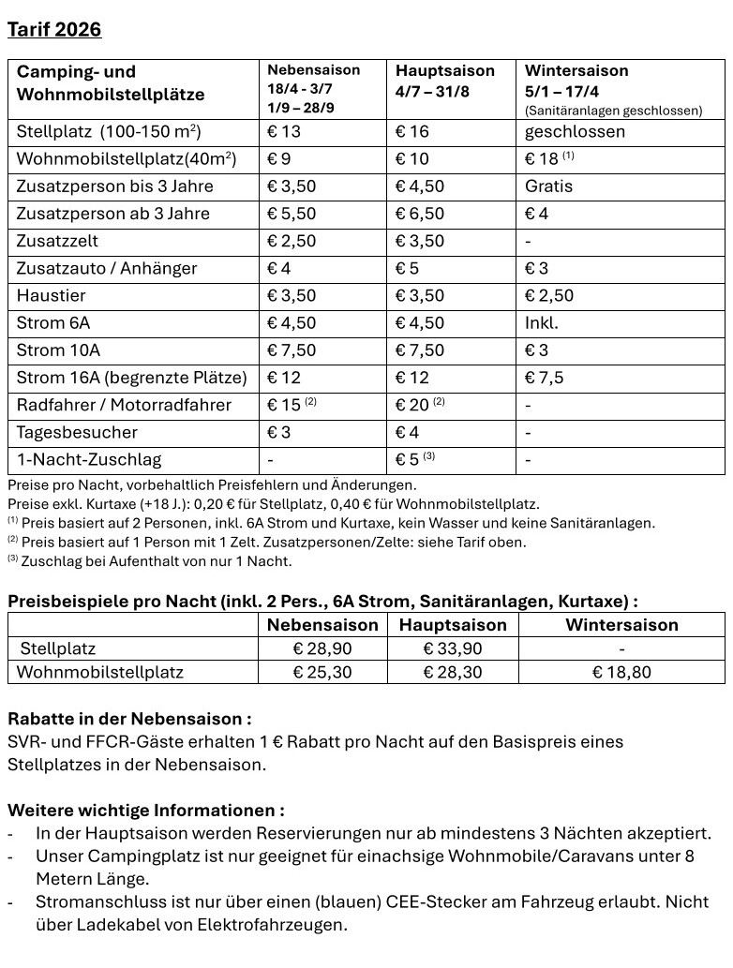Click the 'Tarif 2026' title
pyautogui.click(x=54, y=30)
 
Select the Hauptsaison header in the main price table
pyautogui.click(x=444, y=71)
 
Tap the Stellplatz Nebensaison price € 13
pyautogui.click(x=284, y=132)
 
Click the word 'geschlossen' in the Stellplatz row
pyautogui.click(x=575, y=132)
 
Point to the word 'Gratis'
pyautogui.click(x=548, y=186)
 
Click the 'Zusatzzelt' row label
pyautogui.click(x=57, y=241)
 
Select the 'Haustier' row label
pyautogui.click(x=51, y=296)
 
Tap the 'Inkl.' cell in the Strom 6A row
pyautogui.click(x=541, y=323)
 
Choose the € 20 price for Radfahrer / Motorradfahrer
pyautogui.click(x=412, y=405)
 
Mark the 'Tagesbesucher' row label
pyautogui.click(x=77, y=432)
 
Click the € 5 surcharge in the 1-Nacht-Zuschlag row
pyautogui.click(x=409, y=459)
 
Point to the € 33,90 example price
pyautogui.click(x=452, y=648)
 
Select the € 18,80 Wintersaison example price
pyautogui.click(x=621, y=672)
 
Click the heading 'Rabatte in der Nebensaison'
pyautogui.click(x=129, y=720)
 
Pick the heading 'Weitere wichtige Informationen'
pyautogui.click(x=146, y=810)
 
